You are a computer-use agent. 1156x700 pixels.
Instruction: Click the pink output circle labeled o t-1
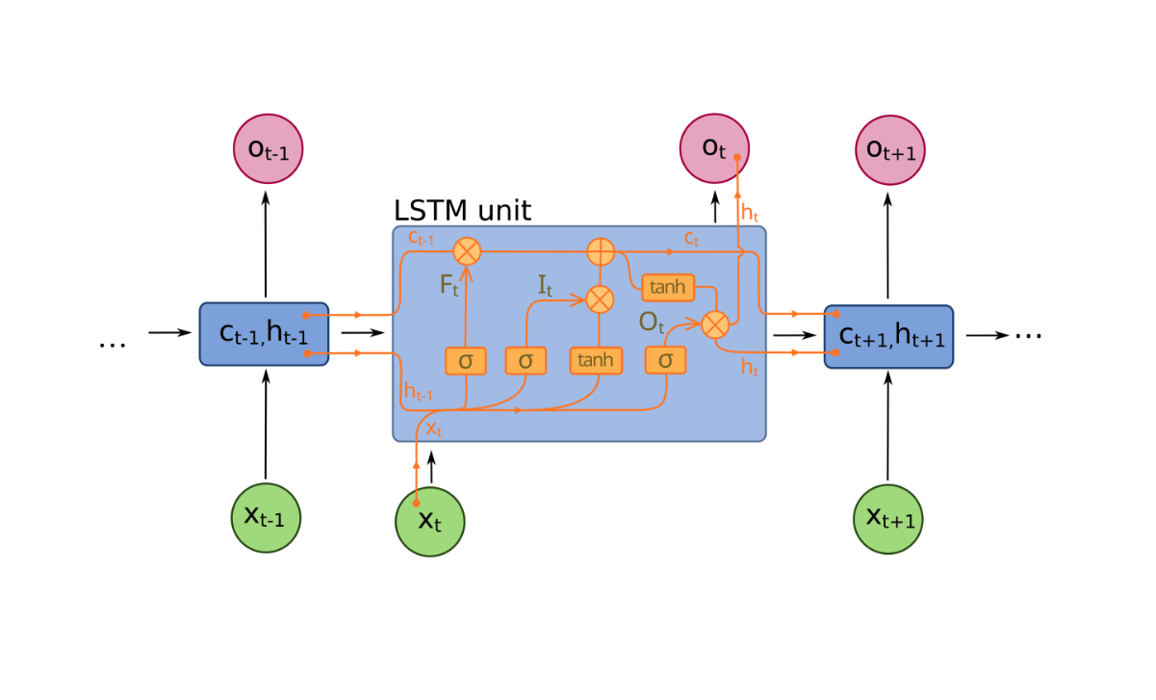[267, 150]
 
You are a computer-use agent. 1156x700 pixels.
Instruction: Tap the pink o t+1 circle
[889, 150]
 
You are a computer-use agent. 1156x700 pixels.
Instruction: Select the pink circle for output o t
[713, 149]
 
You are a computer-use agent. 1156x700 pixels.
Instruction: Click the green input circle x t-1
[266, 518]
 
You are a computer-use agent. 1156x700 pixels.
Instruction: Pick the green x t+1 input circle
[888, 518]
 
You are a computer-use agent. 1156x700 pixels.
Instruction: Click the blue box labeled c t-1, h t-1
[265, 334]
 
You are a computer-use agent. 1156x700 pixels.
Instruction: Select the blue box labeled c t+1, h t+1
[888, 336]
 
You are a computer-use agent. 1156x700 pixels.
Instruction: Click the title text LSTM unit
[462, 211]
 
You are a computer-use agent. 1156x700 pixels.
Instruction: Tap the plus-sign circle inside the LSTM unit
[601, 253]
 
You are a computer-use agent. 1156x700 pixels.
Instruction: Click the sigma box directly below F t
[466, 360]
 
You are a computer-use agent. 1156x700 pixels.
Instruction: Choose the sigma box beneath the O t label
[665, 360]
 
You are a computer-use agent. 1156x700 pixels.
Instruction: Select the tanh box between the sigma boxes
[597, 360]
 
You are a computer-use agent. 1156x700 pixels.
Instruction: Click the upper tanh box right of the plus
[667, 287]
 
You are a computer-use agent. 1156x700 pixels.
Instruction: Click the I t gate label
[545, 286]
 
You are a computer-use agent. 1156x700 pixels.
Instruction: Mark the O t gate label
[652, 323]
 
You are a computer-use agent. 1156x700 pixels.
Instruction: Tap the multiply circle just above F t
[467, 252]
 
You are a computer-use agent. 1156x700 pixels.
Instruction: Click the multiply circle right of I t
[600, 299]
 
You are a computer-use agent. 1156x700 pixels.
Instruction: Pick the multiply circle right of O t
[714, 324]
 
